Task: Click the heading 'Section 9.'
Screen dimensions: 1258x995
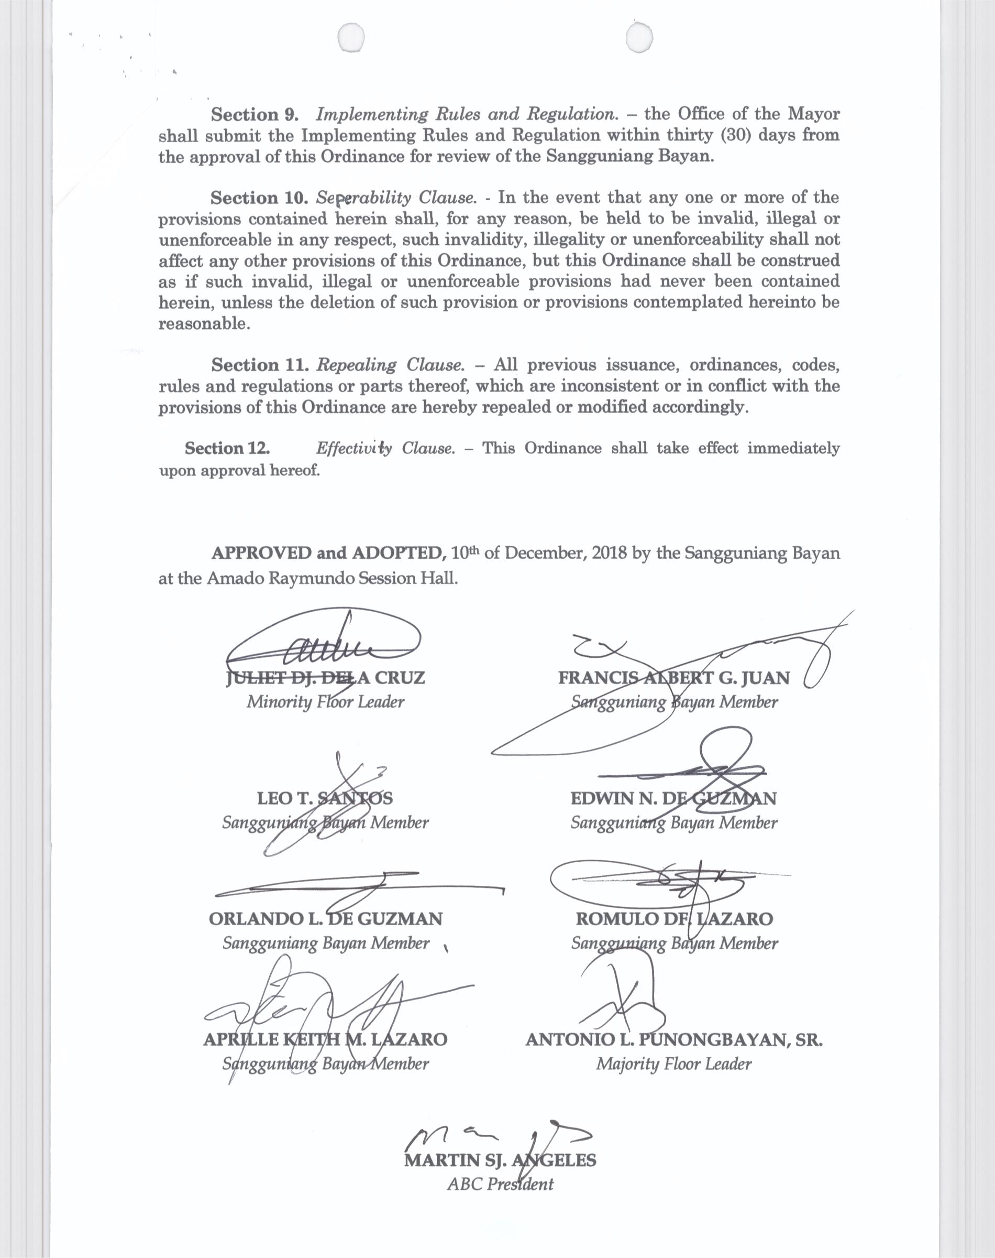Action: (255, 114)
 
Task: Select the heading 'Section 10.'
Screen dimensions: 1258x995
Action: (255, 198)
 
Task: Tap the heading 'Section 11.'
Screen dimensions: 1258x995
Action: (260, 365)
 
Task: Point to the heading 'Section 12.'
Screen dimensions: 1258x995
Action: (227, 448)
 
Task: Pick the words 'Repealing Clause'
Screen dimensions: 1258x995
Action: (390, 365)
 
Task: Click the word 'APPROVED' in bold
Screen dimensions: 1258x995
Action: (261, 552)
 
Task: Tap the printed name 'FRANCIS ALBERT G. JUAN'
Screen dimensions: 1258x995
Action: (673, 678)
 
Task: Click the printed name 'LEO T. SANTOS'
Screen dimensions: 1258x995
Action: (325, 798)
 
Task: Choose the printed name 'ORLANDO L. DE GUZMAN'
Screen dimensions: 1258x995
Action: (326, 919)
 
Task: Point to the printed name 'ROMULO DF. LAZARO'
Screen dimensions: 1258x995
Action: (674, 919)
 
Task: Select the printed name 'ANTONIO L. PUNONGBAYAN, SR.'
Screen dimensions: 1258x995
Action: (674, 1039)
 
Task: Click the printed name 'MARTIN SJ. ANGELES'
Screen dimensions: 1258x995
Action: (500, 1160)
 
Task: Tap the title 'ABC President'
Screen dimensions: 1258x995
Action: (500, 1184)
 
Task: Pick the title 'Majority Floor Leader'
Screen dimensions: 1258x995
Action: (673, 1064)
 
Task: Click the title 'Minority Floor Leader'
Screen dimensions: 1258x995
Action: (325, 701)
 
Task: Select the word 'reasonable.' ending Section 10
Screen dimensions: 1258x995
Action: (204, 323)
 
